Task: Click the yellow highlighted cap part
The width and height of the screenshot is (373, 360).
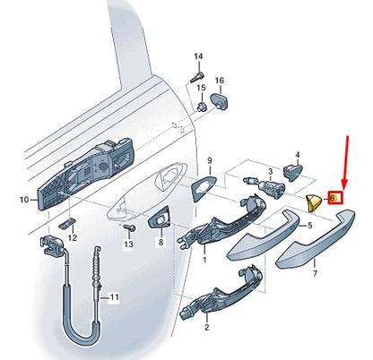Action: point(314,200)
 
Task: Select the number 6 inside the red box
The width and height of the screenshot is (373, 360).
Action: point(334,197)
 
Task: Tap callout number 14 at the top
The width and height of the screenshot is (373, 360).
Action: point(198,56)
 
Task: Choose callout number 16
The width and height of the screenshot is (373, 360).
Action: point(219,80)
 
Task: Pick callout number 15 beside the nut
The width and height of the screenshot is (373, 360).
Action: point(202,88)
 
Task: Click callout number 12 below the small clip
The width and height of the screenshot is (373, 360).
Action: point(73,238)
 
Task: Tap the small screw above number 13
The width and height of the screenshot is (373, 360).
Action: point(126,229)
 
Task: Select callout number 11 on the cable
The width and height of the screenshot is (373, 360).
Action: point(113,296)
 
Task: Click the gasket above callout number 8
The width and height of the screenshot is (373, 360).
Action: point(161,216)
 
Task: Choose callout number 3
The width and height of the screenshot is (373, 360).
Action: point(269,168)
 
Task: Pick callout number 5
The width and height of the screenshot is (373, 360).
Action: point(309,227)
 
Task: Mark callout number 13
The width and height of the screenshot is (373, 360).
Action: point(127,244)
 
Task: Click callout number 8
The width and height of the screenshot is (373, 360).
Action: point(161,242)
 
